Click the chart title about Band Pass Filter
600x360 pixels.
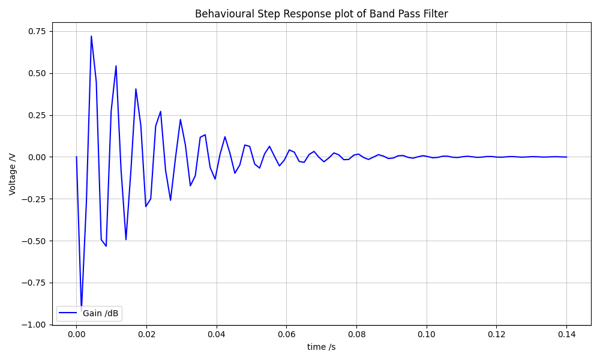321,14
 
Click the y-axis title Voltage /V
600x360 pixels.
13,173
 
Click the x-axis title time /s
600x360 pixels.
321,347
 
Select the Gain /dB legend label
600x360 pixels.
100,313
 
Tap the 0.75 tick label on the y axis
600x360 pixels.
36,31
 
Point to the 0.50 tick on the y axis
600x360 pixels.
36,73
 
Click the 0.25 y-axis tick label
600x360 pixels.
36,115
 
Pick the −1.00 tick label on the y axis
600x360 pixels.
34,325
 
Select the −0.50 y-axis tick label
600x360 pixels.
34,241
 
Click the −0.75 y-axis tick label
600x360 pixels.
34,283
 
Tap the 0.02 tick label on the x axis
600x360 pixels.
146,334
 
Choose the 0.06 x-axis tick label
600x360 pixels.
286,334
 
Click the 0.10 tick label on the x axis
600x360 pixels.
427,334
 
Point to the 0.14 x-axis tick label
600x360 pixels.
566,334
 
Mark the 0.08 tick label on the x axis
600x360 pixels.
356,334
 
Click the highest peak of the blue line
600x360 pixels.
91,36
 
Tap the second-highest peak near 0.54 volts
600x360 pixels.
116,66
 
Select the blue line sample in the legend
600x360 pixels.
68,313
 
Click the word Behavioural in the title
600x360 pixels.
220,14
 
